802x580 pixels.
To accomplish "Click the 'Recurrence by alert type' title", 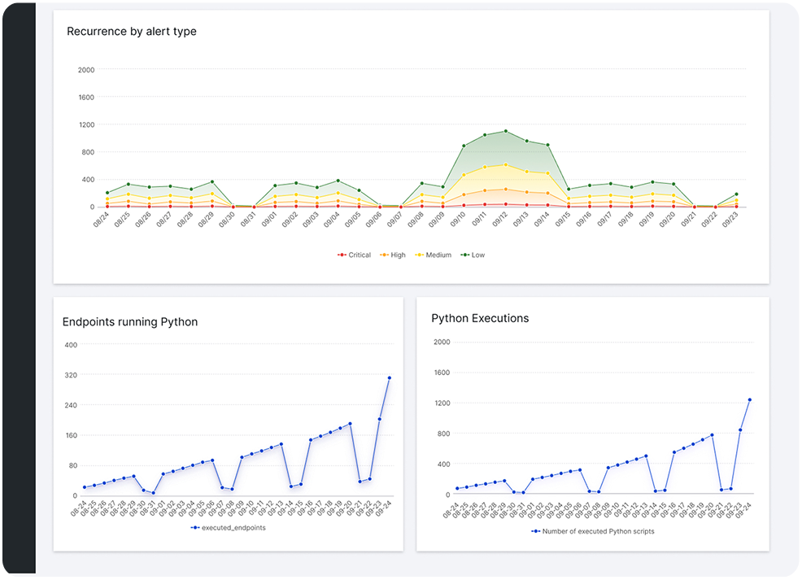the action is click(132, 31).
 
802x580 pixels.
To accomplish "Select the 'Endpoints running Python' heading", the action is click(130, 321).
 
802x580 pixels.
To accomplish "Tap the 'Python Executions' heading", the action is click(480, 318).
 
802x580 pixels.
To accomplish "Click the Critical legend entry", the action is click(354, 255).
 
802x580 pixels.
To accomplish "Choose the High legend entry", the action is click(393, 255).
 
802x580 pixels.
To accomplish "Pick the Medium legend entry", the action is click(434, 255).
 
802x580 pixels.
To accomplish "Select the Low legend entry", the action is click(473, 255).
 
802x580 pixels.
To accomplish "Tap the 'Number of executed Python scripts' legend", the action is click(593, 531).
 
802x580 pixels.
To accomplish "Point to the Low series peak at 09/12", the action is click(506, 131).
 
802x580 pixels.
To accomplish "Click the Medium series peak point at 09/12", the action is click(506, 164).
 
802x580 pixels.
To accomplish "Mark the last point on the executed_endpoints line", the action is click(390, 378).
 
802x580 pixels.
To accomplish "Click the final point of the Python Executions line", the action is click(750, 399).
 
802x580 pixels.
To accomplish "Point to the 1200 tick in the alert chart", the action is click(86, 124).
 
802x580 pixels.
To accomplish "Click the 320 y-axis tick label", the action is click(71, 375).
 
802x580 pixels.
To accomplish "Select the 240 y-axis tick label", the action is click(71, 405).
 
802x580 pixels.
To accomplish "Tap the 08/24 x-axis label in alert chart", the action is click(102, 220).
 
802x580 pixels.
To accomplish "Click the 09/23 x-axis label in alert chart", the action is click(730, 220).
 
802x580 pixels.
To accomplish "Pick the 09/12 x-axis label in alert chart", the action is click(499, 220).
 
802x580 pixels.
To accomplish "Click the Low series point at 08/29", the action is click(212, 181).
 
